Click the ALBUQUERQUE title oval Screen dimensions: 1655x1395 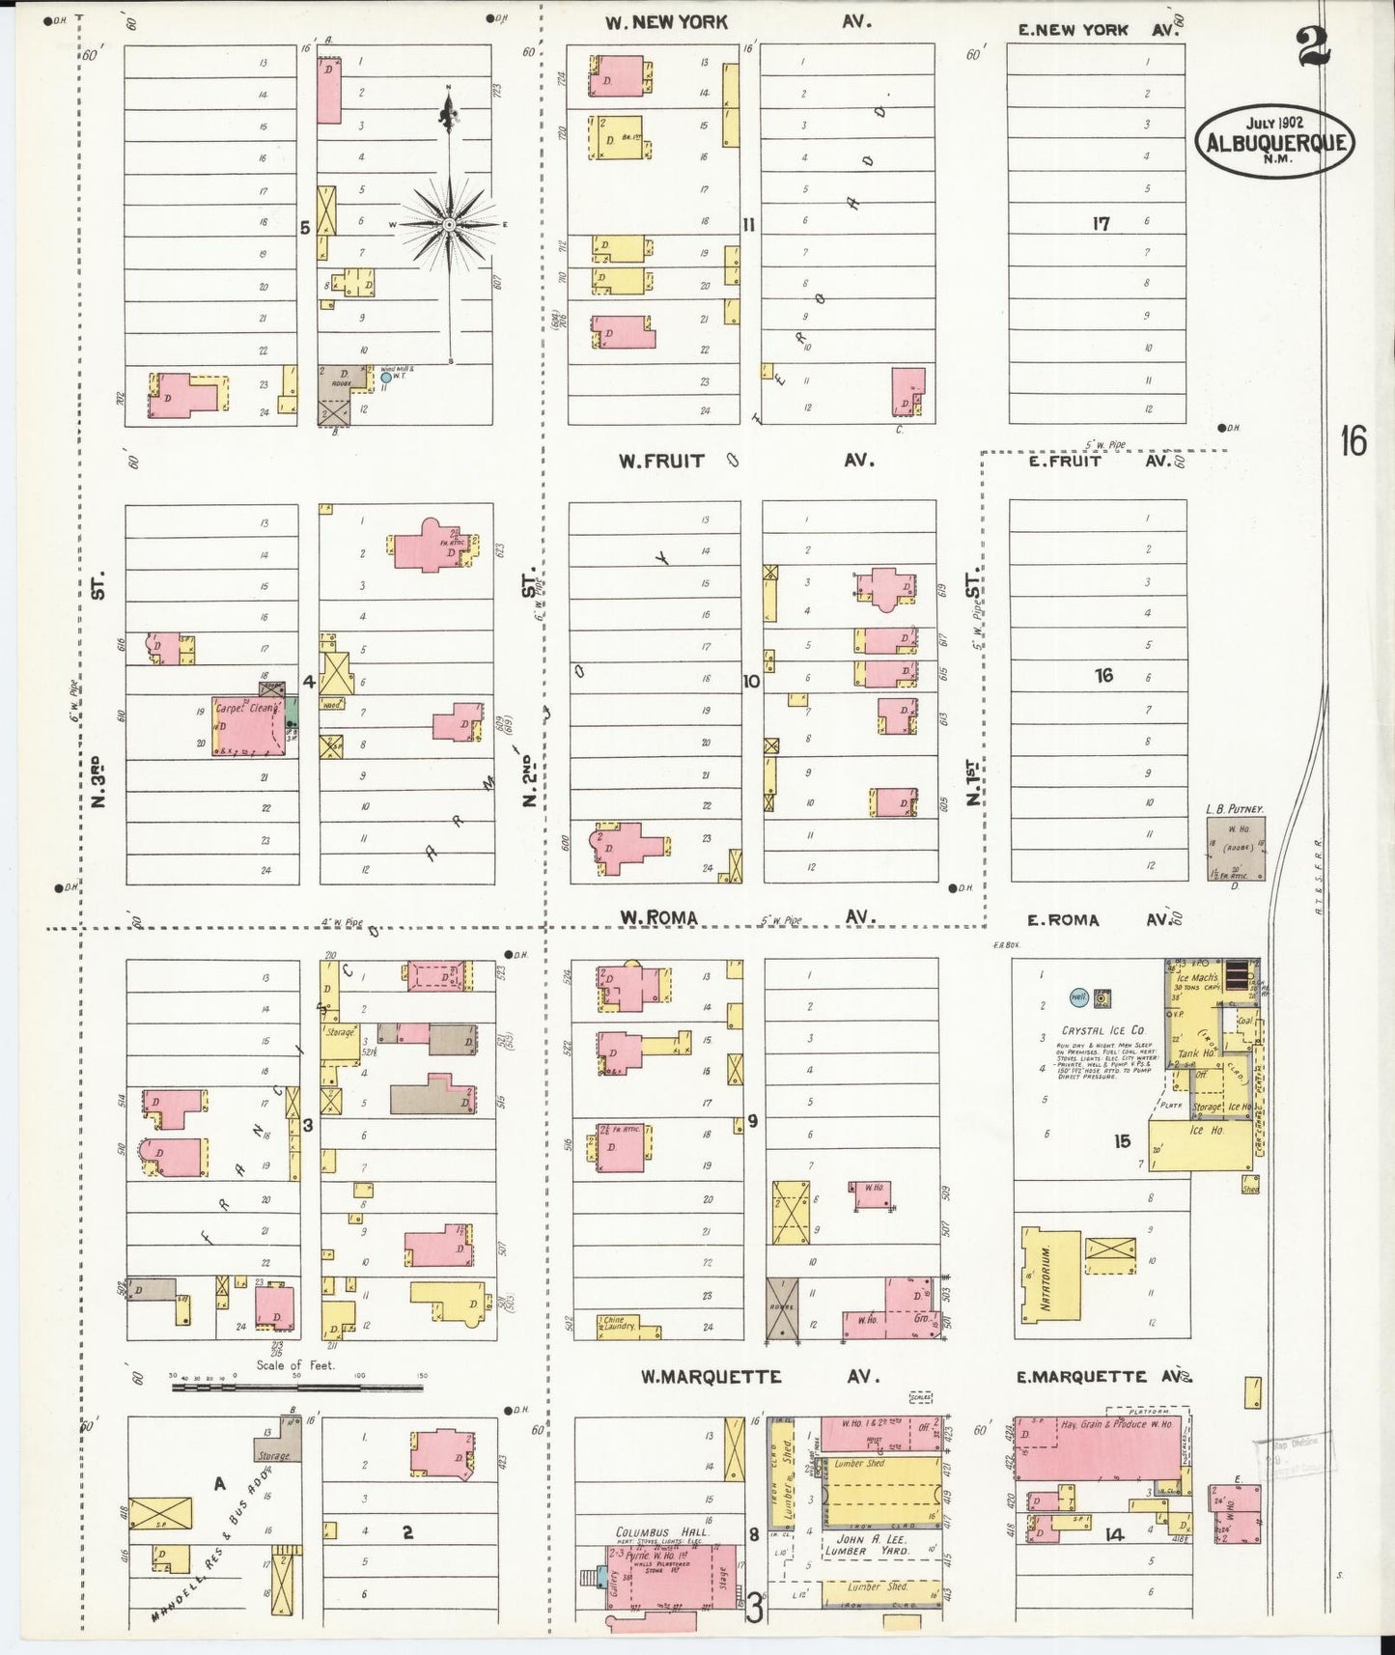tap(1274, 140)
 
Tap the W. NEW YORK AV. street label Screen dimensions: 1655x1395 tap(666, 21)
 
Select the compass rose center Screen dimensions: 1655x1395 tap(449, 225)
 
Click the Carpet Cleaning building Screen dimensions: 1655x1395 tap(248, 725)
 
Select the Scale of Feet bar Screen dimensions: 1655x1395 tap(296, 1388)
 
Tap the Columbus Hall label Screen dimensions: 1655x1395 tap(661, 1532)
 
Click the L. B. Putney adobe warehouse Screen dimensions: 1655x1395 tap(1236, 849)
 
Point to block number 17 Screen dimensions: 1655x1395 tap(1101, 223)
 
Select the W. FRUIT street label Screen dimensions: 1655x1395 tap(661, 461)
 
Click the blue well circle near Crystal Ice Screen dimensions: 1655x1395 tap(1078, 996)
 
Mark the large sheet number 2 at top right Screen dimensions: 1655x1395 tap(1313, 45)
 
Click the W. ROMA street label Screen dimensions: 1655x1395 tap(658, 917)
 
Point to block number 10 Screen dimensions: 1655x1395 tap(751, 681)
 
